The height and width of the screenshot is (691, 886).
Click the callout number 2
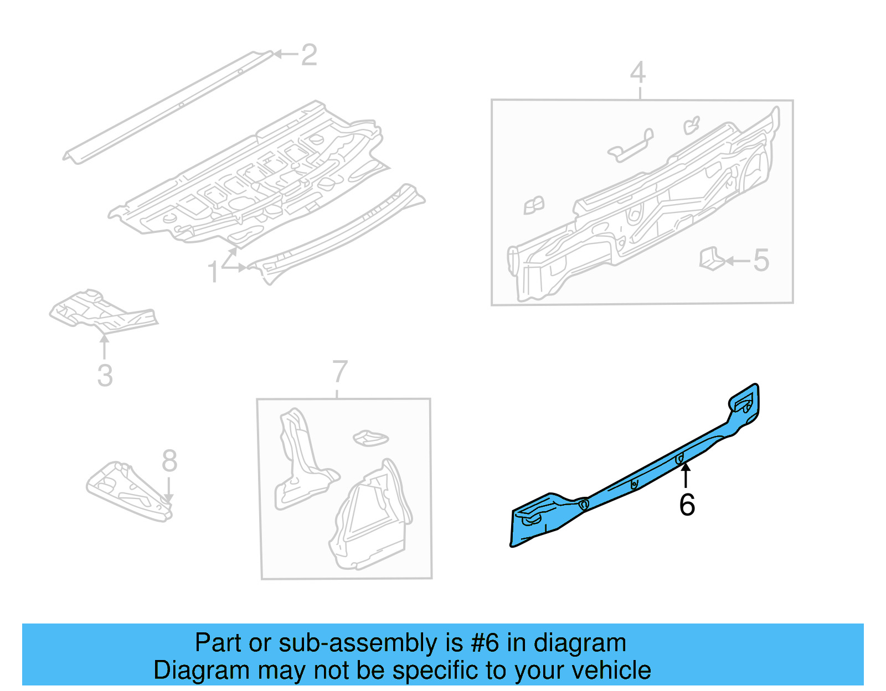309,55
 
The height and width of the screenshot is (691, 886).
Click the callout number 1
213,272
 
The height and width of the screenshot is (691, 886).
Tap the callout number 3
105,375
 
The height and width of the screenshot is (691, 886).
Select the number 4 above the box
638,72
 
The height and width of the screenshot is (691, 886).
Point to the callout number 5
761,260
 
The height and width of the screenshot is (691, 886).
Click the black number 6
687,505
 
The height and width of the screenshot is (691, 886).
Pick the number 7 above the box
340,372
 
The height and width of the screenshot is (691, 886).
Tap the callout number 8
169,460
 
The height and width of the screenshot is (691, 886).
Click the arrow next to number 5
736,261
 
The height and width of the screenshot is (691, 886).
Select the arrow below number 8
168,490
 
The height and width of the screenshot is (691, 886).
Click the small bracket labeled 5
710,259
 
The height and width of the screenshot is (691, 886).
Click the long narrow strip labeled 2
166,108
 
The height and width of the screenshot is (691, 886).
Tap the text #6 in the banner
485,643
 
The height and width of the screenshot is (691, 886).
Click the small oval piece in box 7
370,438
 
